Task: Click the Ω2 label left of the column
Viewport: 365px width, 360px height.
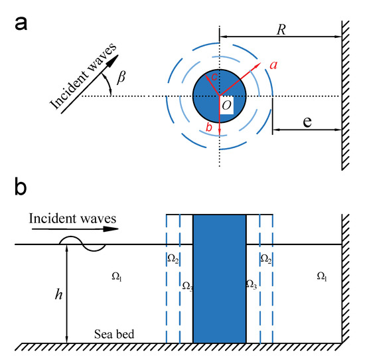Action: (x=171, y=257)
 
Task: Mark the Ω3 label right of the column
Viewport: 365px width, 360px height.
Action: (x=252, y=285)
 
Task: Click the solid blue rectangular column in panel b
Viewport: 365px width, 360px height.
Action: (x=219, y=279)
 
